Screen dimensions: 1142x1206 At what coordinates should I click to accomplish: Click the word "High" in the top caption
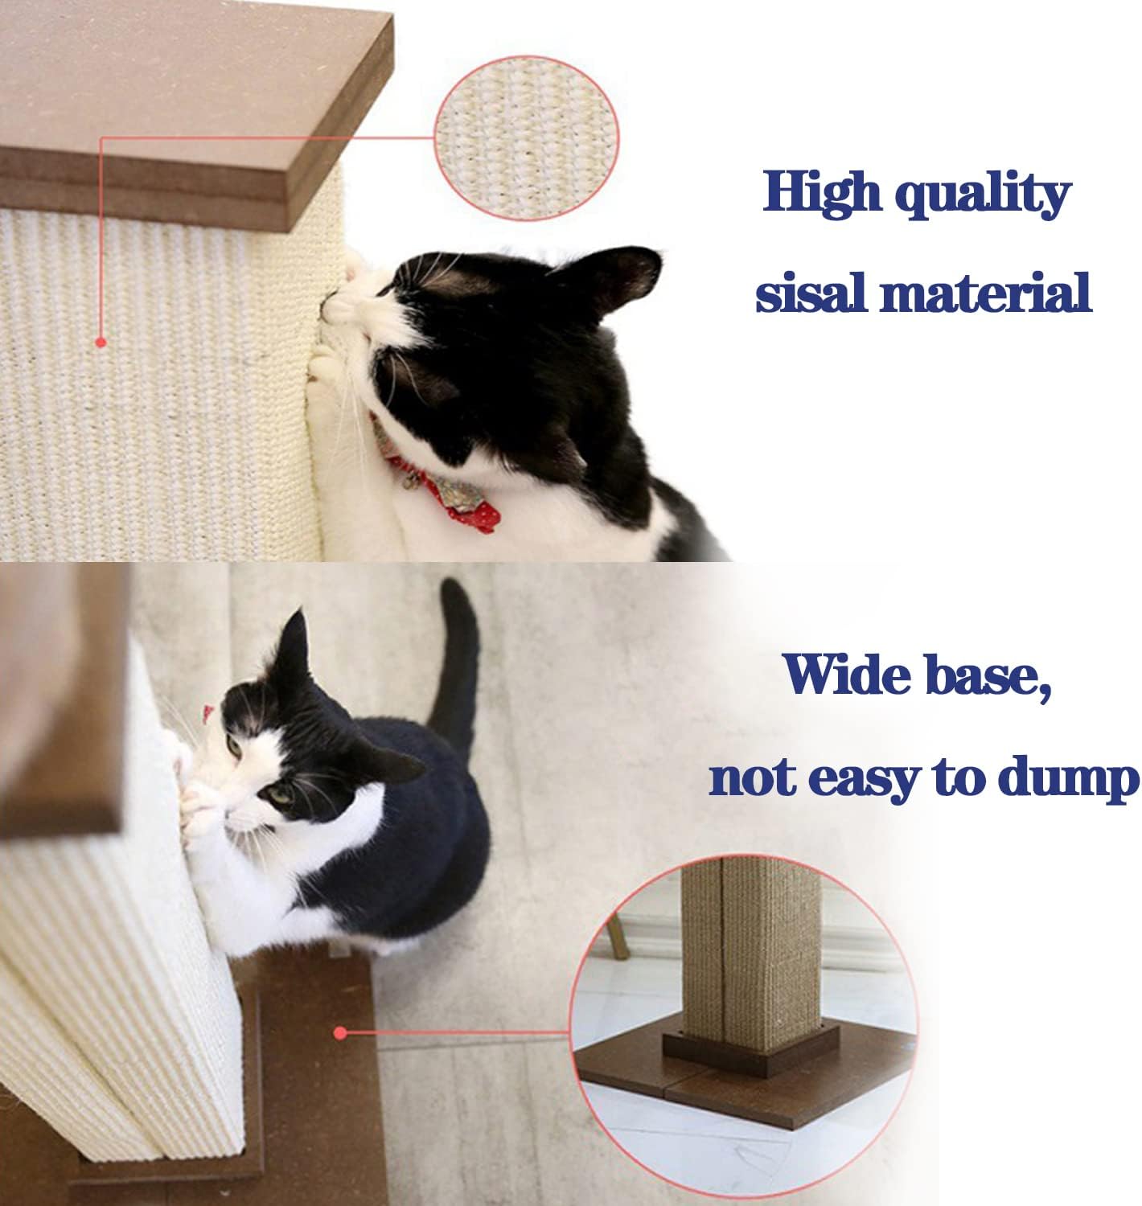(822, 192)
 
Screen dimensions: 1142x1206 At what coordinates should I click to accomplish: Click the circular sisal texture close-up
(526, 138)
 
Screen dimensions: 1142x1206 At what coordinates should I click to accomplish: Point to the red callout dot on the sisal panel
(101, 342)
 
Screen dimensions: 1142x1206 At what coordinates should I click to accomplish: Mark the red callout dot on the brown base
(339, 1032)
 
